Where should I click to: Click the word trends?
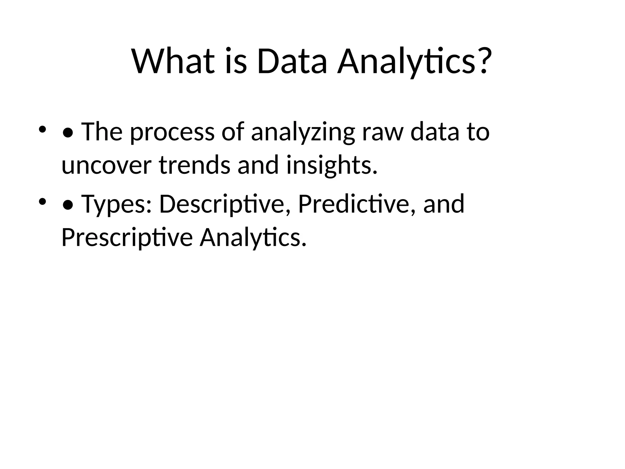point(194,165)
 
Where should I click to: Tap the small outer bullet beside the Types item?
point(42,202)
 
